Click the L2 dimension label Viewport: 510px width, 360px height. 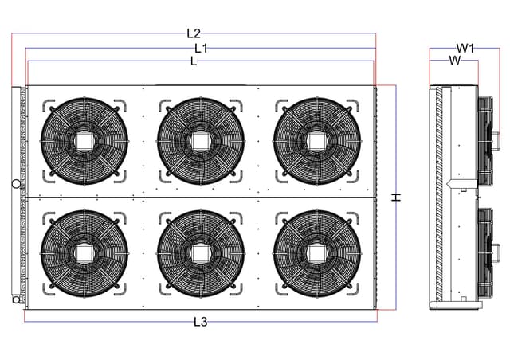tap(194, 33)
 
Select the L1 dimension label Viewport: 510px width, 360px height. tap(201, 48)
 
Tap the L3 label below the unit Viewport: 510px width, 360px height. tap(200, 322)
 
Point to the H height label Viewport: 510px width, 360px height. tap(396, 197)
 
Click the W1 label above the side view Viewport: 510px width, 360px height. tap(465, 49)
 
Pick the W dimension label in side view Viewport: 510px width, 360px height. tap(455, 61)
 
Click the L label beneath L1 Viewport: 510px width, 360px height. tap(194, 61)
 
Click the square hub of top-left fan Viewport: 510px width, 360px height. tap(84, 142)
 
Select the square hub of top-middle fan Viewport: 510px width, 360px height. tap(201, 142)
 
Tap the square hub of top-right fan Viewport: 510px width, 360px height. tap(317, 142)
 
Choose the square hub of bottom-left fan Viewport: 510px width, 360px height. tap(84, 253)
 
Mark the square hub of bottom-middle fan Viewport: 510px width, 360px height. tap(201, 253)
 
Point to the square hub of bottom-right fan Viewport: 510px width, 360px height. tap(317, 253)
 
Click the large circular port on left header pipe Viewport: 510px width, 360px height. tap(16, 184)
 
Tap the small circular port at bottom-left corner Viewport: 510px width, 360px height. tap(16, 299)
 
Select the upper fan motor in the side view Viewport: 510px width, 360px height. tap(488, 141)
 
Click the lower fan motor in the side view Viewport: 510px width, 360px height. tap(488, 252)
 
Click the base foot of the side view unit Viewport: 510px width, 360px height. tap(456, 305)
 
